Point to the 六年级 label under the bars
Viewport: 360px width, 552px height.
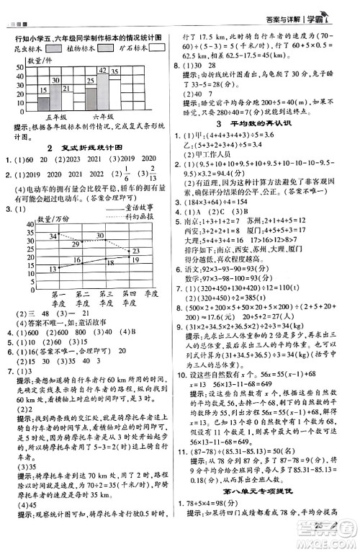point(104,116)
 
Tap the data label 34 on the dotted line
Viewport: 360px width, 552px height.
point(53,236)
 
